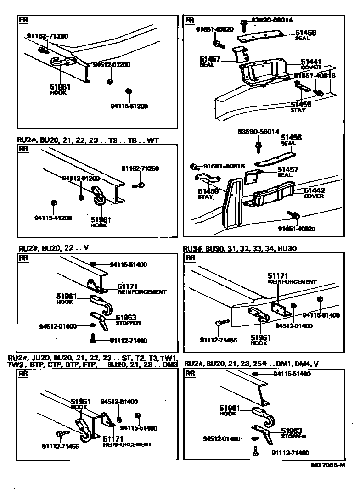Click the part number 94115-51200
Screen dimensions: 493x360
129,106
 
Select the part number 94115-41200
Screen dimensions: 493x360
53,218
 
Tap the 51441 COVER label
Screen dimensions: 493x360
311,64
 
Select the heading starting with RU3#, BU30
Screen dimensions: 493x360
240,249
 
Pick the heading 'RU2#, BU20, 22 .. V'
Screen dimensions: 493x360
53,248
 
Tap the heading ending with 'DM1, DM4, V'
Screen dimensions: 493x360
251,364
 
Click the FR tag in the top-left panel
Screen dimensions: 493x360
22,21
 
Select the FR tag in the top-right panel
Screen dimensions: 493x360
189,21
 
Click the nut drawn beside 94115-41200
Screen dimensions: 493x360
54,202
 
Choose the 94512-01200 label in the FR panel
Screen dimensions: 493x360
111,65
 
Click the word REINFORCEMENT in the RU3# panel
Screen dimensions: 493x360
292,282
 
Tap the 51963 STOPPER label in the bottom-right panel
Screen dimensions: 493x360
293,433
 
